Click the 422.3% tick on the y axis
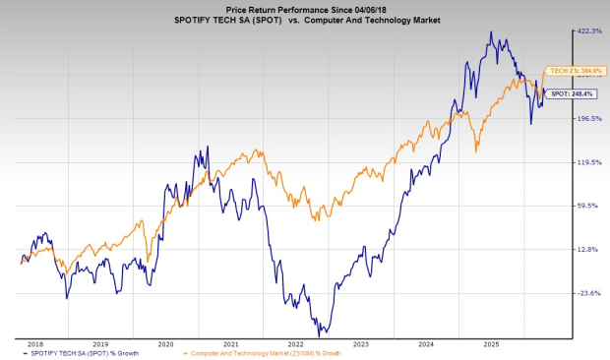pyautogui.click(x=588, y=31)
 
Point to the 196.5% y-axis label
pyautogui.click(x=588, y=119)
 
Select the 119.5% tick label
pyautogui.click(x=588, y=162)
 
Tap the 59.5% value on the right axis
pyautogui.click(x=588, y=206)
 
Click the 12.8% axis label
pyautogui.click(x=588, y=250)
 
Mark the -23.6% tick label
pyautogui.click(x=588, y=293)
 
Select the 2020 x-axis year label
pyautogui.click(x=166, y=344)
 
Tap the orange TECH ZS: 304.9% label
pyautogui.click(x=568, y=72)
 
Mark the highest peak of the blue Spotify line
pyautogui.click(x=491, y=32)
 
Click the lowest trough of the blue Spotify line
pyautogui.click(x=320, y=334)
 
